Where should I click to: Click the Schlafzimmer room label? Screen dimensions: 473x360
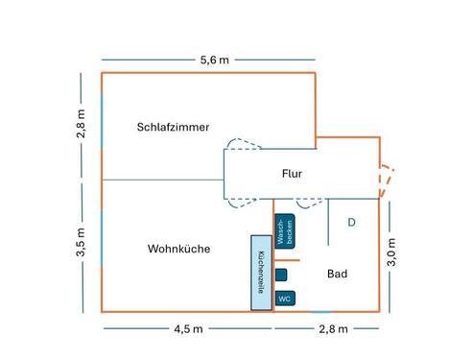173,126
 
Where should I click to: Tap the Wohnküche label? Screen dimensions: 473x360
178,250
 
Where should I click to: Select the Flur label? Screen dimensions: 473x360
292,174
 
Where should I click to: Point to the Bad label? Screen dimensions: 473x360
337,275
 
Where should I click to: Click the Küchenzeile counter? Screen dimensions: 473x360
261,273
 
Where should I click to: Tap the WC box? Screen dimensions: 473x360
284,299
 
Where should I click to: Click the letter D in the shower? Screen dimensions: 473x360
351,222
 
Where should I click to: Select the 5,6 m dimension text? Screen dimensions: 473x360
214,60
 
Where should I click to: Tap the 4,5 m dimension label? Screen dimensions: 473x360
187,329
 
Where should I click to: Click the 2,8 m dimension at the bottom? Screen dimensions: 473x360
332,329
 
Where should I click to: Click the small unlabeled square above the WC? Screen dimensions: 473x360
280,275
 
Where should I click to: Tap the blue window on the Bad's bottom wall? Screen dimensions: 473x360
319,311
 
